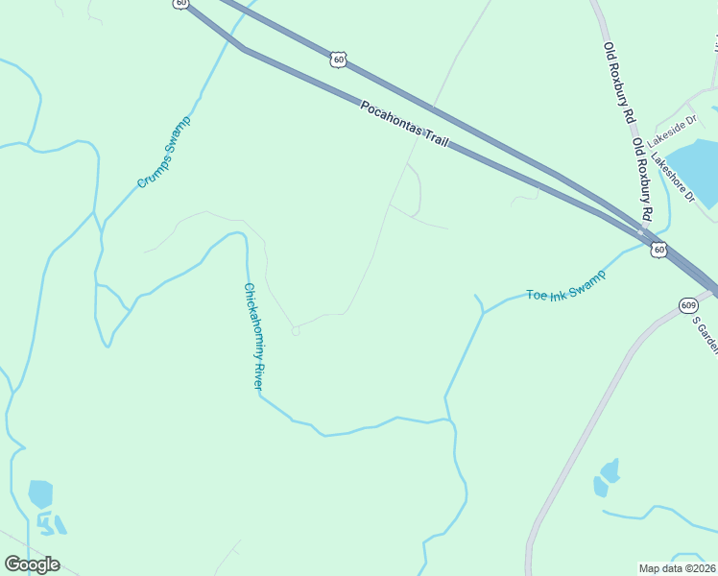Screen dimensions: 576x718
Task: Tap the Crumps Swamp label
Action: (x=164, y=152)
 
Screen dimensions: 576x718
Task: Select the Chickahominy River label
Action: (x=252, y=335)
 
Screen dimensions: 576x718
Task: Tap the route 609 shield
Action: (x=687, y=305)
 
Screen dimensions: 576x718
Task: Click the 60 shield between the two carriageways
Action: (x=337, y=60)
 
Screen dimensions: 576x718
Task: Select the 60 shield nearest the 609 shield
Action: (x=658, y=250)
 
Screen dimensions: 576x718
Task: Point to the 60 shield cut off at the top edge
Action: (x=181, y=4)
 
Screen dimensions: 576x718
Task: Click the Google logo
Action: (x=32, y=564)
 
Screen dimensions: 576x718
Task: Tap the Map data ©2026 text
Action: (x=678, y=568)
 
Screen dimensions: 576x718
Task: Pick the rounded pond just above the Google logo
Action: (x=40, y=493)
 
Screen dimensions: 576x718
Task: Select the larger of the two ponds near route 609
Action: (x=609, y=470)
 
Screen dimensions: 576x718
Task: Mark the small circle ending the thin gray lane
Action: (x=296, y=331)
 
